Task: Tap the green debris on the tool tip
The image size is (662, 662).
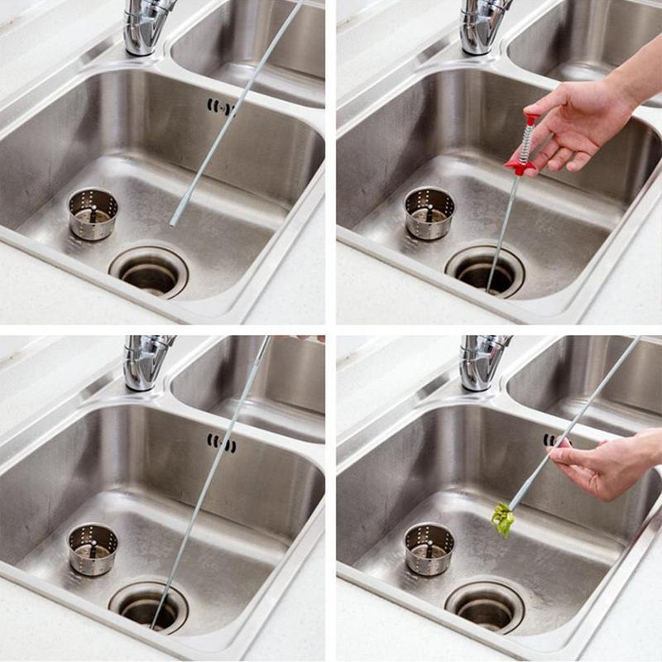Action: click(x=502, y=520)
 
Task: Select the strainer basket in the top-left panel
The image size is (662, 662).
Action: click(x=92, y=213)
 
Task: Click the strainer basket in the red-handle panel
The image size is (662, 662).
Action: click(x=429, y=213)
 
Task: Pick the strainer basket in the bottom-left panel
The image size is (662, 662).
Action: click(x=92, y=549)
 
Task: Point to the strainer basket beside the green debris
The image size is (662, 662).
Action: click(x=429, y=549)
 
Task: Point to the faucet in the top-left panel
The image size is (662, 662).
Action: click(x=143, y=25)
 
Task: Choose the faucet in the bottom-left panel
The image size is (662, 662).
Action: click(x=143, y=360)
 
